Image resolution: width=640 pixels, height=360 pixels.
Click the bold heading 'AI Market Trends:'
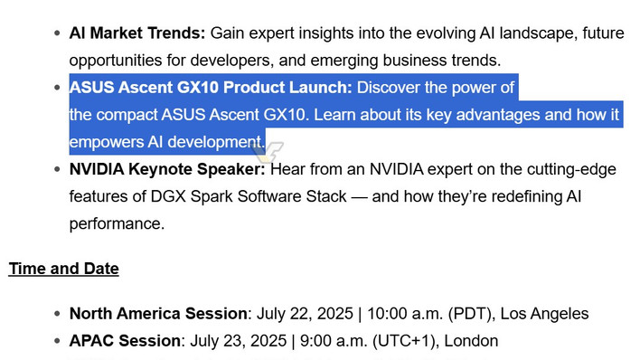click(x=137, y=33)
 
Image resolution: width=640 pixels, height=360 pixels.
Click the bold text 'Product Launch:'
click(x=288, y=88)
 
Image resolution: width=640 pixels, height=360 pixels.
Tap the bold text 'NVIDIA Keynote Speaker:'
click(x=167, y=169)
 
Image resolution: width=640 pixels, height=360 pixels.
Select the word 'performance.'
click(x=117, y=223)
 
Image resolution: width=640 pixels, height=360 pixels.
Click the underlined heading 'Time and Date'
click(x=64, y=269)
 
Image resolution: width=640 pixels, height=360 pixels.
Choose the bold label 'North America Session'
click(x=158, y=314)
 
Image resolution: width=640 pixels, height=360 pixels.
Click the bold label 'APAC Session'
click(x=125, y=341)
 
